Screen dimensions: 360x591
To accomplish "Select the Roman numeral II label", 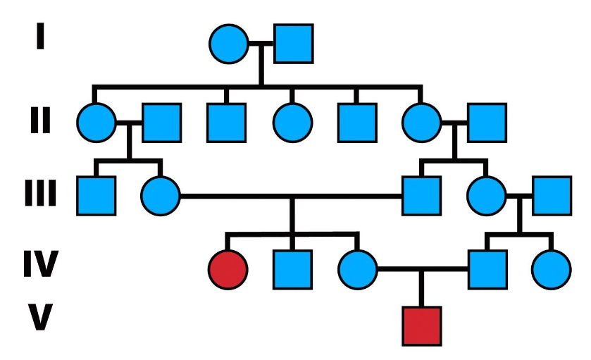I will [x=40, y=121].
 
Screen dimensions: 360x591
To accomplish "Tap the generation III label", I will [x=40, y=193].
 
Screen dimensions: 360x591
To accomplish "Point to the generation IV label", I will [x=40, y=268].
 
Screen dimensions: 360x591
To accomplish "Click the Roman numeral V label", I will [x=40, y=318].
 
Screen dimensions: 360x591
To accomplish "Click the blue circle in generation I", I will [x=229, y=44].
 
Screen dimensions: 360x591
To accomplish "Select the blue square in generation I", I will [x=293, y=44].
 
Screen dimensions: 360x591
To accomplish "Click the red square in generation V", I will [x=422, y=325].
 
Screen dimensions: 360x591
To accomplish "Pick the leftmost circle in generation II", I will [x=97, y=123].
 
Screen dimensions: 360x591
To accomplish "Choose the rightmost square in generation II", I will [x=487, y=123].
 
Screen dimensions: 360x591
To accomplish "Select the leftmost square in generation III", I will [x=96, y=195].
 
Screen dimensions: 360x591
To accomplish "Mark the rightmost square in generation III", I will [x=551, y=195].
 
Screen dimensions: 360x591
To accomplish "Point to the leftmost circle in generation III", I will [x=161, y=195].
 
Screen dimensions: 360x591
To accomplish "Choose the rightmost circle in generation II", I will [x=422, y=123].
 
